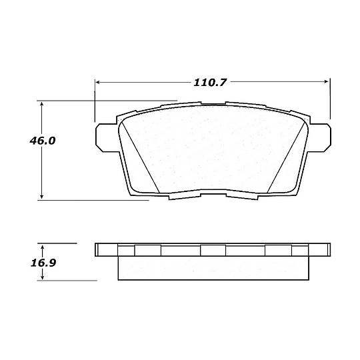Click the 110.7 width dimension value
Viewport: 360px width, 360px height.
point(210,83)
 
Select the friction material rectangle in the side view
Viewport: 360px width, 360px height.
point(213,268)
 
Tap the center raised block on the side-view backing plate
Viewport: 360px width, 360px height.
point(213,249)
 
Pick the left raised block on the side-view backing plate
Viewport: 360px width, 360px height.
point(147,249)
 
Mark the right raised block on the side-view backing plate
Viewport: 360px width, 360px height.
point(278,249)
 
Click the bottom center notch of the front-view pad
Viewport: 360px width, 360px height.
point(213,196)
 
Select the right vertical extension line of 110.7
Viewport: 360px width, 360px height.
point(330,100)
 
